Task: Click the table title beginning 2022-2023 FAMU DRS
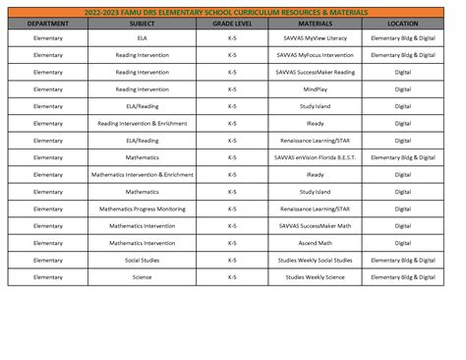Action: click(x=233, y=12)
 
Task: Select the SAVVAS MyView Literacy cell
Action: click(x=316, y=37)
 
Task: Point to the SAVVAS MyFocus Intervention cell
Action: click(x=316, y=55)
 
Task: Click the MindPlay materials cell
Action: click(x=316, y=90)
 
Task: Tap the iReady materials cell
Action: click(x=316, y=124)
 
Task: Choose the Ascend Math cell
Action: click(x=316, y=243)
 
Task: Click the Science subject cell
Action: click(x=142, y=277)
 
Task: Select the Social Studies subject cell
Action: click(x=142, y=260)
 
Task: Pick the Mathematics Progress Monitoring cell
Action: click(x=142, y=209)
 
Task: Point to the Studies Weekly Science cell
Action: click(x=316, y=277)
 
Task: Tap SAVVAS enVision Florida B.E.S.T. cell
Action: click(x=316, y=157)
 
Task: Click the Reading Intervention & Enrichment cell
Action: click(x=142, y=124)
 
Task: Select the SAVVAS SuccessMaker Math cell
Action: click(x=316, y=226)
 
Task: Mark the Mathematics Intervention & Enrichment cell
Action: click(x=142, y=175)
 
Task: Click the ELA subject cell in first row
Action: click(x=142, y=37)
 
